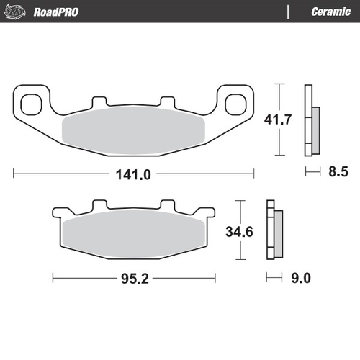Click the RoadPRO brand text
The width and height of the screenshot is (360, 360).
pos(57,11)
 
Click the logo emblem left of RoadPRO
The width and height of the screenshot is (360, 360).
pos(18,11)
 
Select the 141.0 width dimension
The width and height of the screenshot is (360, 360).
pos(135,174)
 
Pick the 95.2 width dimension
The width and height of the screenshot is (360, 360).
pos(135,276)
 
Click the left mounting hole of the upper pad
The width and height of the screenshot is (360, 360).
pos(31,104)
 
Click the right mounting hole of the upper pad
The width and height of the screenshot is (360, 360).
pos(235,104)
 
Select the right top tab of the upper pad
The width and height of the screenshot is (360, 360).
pos(167,102)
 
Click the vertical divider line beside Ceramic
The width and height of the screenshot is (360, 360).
pos(289,12)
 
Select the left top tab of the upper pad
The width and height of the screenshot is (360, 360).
pos(99,102)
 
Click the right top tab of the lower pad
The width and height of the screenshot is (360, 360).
pos(167,205)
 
